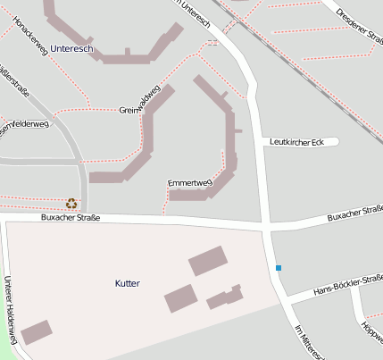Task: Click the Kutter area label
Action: (x=128, y=283)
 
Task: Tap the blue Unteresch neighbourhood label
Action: (x=72, y=46)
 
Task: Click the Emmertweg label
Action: (x=189, y=183)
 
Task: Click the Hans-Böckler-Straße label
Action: (x=347, y=287)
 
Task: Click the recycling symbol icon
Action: (x=71, y=203)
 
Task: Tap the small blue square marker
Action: (x=279, y=268)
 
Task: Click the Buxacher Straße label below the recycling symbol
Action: (x=71, y=218)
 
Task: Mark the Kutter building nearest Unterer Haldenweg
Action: (x=37, y=332)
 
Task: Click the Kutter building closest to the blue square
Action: (x=227, y=297)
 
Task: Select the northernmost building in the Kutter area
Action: (x=207, y=261)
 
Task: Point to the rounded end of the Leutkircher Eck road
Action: (x=333, y=141)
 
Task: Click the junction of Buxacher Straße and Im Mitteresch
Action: (x=267, y=224)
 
